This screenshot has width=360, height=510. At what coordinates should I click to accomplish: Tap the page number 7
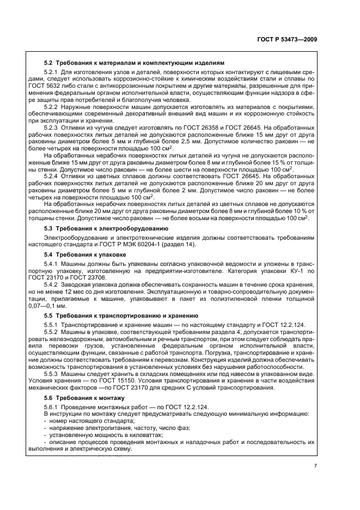click(x=315, y=466)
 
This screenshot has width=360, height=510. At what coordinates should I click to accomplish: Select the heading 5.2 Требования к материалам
click(x=133, y=63)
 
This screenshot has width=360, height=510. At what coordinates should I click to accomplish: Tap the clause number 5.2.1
click(x=51, y=72)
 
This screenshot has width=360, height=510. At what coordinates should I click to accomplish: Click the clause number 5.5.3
click(x=51, y=374)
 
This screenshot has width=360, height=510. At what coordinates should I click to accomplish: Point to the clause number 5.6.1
click(x=51, y=408)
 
